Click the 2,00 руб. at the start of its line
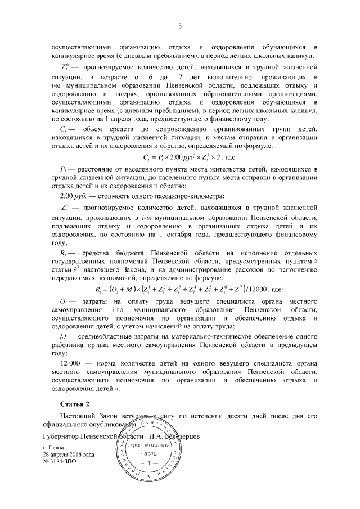(x=71, y=196)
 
